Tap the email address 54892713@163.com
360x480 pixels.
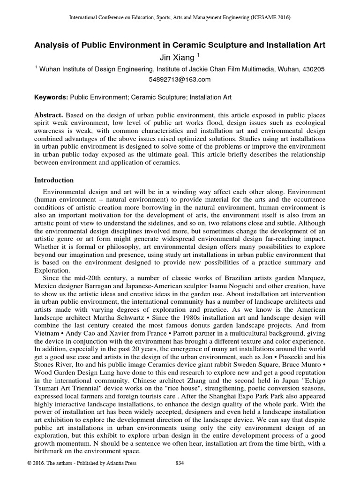pyautogui.click(x=180, y=80)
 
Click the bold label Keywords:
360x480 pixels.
pyautogui.click(x=52, y=97)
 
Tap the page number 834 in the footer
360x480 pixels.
pyautogui.click(x=179, y=463)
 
